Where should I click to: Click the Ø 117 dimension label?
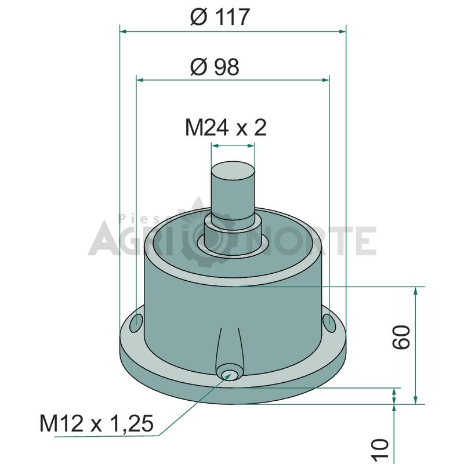(220, 17)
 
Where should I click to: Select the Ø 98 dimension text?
(215, 67)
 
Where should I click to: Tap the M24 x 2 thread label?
(226, 128)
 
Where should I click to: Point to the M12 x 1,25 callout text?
(96, 423)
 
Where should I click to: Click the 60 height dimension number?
(401, 337)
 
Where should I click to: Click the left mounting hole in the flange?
(136, 323)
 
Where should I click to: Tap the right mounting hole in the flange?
(329, 323)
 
